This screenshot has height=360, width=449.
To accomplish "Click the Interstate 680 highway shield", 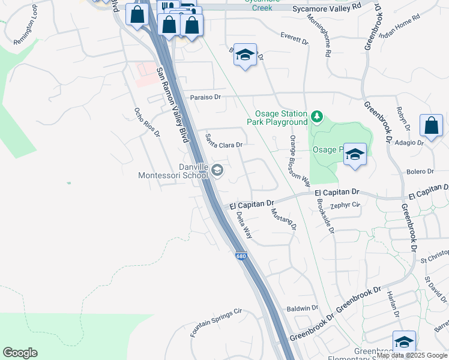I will pyautogui.click(x=241, y=256).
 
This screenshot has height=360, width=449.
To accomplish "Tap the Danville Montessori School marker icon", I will pyautogui.click(x=217, y=172).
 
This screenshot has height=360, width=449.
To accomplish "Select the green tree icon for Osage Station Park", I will pyautogui.click(x=316, y=115).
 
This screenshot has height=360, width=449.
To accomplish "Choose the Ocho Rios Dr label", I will pyautogui.click(x=147, y=122).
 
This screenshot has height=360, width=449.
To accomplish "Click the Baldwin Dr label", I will pyautogui.click(x=303, y=308).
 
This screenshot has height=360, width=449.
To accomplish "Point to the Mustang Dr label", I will pyautogui.click(x=284, y=218).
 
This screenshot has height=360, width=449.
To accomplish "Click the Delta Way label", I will pyautogui.click(x=244, y=226).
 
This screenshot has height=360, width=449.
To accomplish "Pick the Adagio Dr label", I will pyautogui.click(x=410, y=143).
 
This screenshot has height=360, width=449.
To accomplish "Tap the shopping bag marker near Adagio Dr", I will pyautogui.click(x=431, y=126).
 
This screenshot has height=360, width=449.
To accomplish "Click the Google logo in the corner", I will pyautogui.click(x=20, y=352).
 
